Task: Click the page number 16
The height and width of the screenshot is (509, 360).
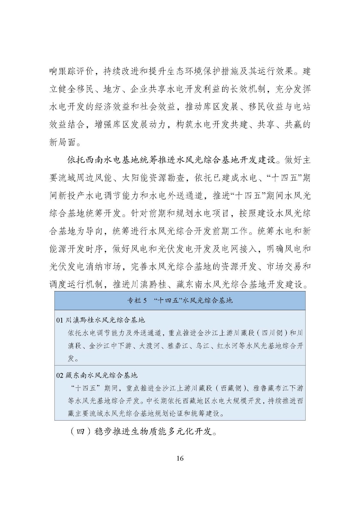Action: pos(180,458)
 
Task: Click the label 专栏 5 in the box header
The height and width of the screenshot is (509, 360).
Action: pos(137,301)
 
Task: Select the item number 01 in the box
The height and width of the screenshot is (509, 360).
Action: pos(60,320)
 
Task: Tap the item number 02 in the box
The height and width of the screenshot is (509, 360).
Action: pos(60,375)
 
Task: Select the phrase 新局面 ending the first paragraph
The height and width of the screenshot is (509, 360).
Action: pos(63,142)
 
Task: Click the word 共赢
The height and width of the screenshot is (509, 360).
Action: pos(293,124)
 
